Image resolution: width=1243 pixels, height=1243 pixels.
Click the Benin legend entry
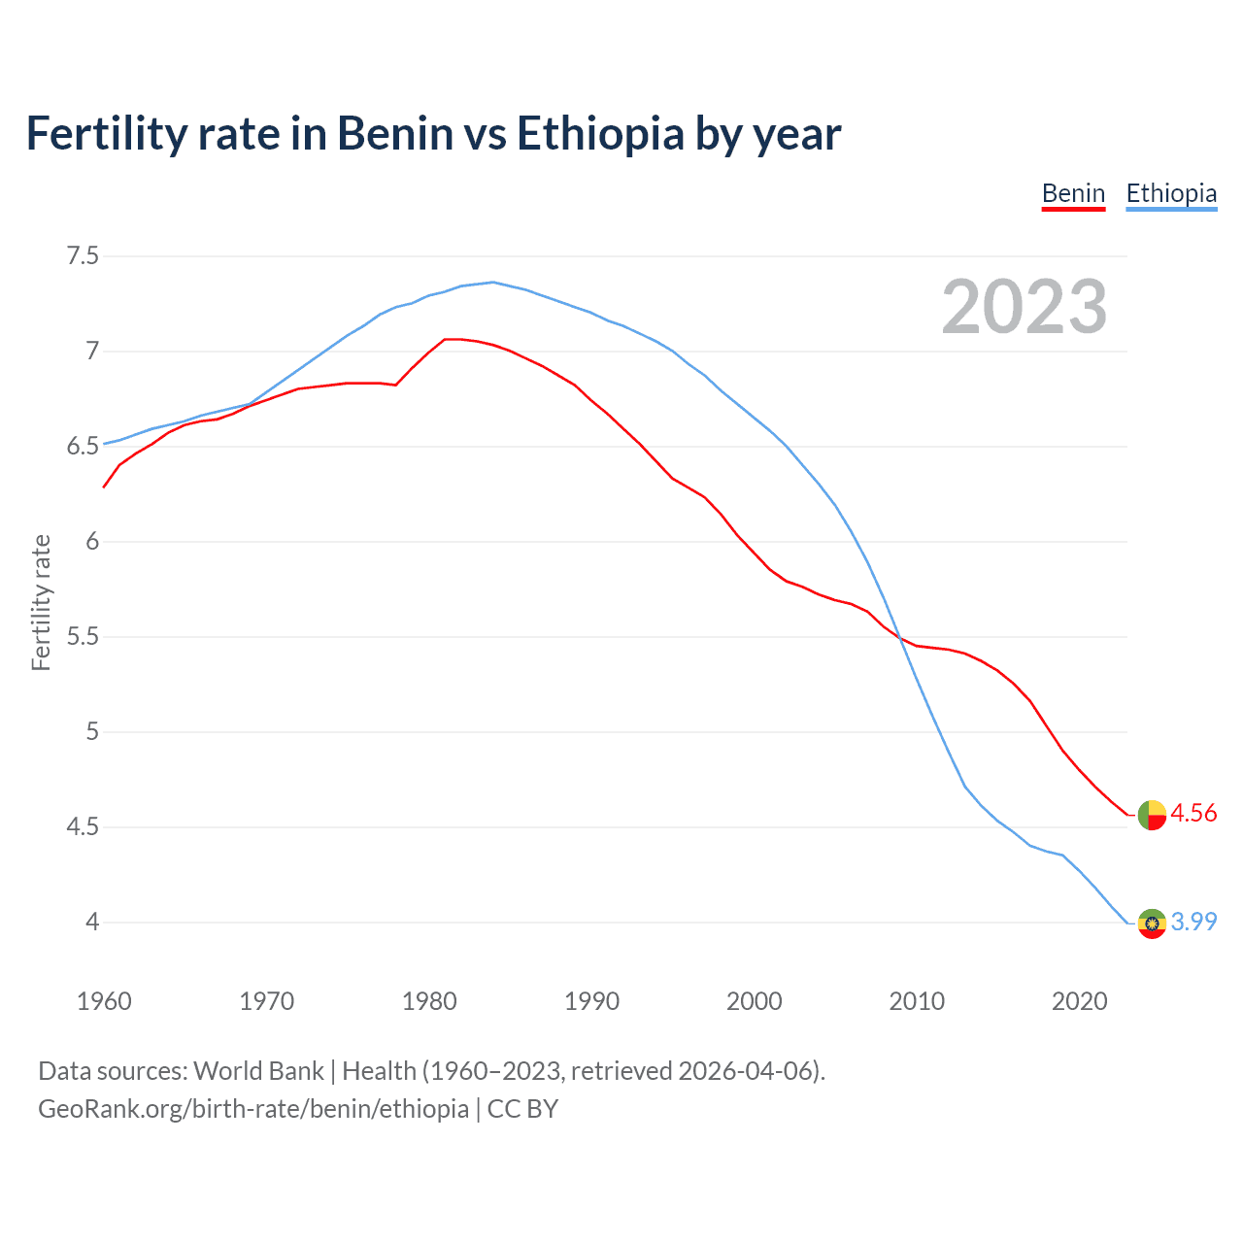click(x=1073, y=193)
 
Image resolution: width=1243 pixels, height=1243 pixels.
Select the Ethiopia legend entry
click(x=1171, y=193)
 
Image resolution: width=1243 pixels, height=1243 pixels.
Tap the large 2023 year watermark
click(x=1025, y=307)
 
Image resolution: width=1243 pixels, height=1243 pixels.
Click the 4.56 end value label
click(x=1193, y=813)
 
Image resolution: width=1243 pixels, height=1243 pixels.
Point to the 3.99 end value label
click(x=1193, y=922)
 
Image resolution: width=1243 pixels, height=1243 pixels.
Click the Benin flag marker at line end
click(x=1152, y=815)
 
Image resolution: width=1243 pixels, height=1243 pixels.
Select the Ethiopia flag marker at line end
click(x=1152, y=923)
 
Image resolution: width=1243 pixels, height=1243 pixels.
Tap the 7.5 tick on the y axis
click(x=83, y=256)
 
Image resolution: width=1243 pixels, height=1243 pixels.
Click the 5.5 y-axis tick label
click(x=83, y=637)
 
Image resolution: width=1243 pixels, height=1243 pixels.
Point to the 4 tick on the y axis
click(x=92, y=922)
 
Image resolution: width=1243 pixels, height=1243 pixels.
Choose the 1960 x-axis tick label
click(x=104, y=1001)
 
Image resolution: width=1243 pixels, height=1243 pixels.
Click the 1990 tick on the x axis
click(x=591, y=1001)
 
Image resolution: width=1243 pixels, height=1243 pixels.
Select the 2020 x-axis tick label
click(x=1079, y=1001)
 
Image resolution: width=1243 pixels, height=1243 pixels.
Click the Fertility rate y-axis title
click(x=41, y=602)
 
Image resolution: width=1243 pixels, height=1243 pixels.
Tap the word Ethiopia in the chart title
click(x=600, y=133)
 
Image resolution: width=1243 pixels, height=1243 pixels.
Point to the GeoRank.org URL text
click(x=253, y=1109)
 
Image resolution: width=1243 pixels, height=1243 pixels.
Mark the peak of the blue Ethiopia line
click(x=493, y=282)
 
